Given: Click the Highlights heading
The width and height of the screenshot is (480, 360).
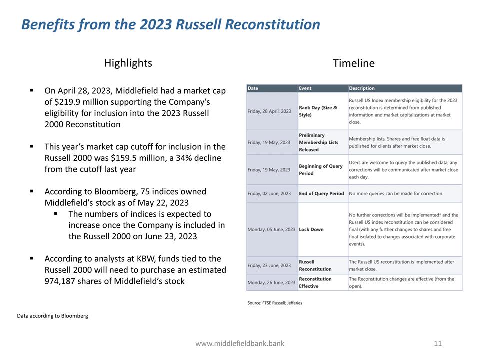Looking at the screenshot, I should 128,63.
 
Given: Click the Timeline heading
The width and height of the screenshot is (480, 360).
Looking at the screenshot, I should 353,63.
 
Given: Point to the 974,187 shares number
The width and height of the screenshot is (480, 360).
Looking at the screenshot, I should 61,281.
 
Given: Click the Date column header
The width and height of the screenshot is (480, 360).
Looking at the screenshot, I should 253,88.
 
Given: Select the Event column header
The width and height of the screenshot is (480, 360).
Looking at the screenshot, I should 305,88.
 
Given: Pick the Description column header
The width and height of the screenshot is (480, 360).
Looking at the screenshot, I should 362,88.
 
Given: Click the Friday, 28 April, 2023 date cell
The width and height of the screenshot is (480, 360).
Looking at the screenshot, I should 269,111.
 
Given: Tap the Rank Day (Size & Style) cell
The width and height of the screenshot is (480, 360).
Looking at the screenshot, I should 318,111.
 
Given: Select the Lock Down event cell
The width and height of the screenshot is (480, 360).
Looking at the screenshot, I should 311,230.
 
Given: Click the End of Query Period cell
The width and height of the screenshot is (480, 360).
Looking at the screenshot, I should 321,194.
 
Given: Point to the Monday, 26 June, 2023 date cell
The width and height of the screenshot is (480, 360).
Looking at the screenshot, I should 271,283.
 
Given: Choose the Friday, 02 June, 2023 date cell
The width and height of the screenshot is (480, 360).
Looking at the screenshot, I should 269,194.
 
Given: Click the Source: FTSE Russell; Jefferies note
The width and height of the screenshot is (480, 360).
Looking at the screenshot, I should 275,303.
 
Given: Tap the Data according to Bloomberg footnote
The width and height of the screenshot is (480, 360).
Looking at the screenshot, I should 52,316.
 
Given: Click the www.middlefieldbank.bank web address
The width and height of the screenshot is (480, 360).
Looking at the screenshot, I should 240,343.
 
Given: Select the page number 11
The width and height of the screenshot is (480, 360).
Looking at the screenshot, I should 438,343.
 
